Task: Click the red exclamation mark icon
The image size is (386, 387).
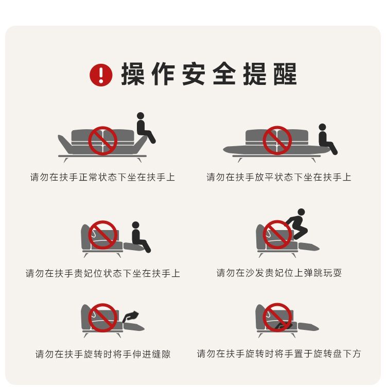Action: [x=101, y=75]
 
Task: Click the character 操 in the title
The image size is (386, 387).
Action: [x=133, y=74]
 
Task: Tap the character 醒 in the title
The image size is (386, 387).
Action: [x=285, y=74]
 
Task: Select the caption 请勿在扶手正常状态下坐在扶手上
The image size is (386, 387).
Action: [x=102, y=177]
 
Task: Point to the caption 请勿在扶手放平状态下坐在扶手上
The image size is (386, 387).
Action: [x=278, y=177]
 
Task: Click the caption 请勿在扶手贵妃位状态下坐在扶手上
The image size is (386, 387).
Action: [x=102, y=273]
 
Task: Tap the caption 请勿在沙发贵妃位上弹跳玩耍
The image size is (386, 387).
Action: [x=279, y=273]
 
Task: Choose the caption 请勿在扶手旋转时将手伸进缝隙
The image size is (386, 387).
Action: [x=102, y=354]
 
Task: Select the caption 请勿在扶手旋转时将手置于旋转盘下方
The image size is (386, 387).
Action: [x=279, y=354]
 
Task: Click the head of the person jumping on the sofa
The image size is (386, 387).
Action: [x=301, y=212]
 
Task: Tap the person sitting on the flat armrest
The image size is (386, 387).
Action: [x=326, y=139]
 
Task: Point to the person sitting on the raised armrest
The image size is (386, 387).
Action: [x=145, y=128]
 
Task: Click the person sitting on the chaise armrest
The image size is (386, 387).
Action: [x=140, y=237]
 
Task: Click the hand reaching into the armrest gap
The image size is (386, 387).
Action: [x=131, y=316]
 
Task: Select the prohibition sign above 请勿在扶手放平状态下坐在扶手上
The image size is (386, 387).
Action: [x=277, y=140]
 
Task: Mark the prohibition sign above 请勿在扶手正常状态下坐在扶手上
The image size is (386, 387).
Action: [x=102, y=140]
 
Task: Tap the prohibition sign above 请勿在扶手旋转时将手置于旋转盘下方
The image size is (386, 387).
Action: [x=277, y=318]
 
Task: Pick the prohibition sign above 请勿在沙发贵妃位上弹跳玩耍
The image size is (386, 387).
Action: [x=277, y=235]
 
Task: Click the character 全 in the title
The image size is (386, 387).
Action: [x=224, y=74]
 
